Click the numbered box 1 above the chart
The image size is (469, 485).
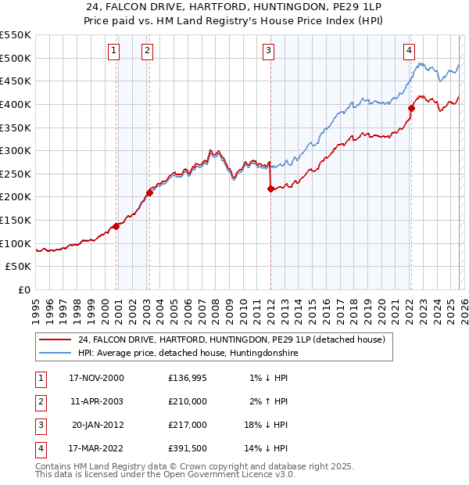click(114, 52)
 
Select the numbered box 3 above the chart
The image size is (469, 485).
click(268, 52)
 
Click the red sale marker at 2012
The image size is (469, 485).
click(270, 189)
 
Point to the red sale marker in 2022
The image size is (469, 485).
click(411, 108)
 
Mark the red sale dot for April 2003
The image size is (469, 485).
click(149, 192)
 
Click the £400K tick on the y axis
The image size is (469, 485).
click(16, 104)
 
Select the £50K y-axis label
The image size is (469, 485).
click(19, 267)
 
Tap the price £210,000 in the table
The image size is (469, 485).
click(188, 401)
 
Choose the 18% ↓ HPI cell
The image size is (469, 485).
click(265, 425)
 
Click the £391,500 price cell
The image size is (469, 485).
click(188, 448)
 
